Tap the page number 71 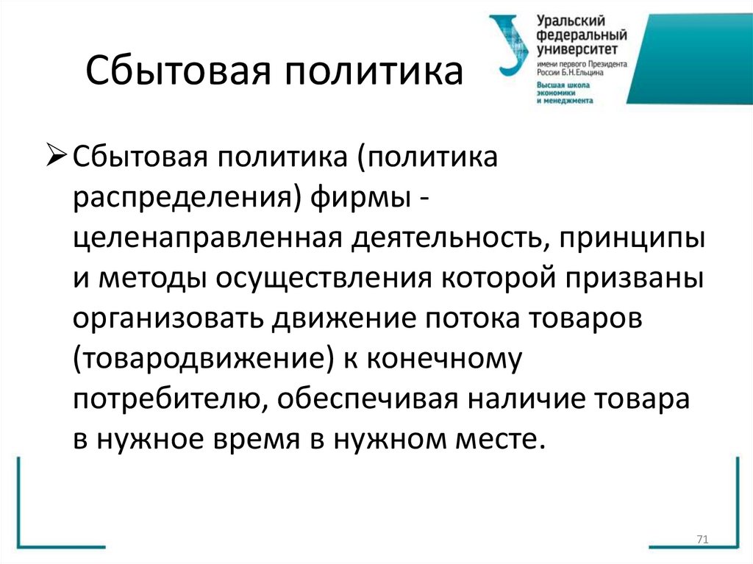pos(701,540)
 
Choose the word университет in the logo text pos(574,51)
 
